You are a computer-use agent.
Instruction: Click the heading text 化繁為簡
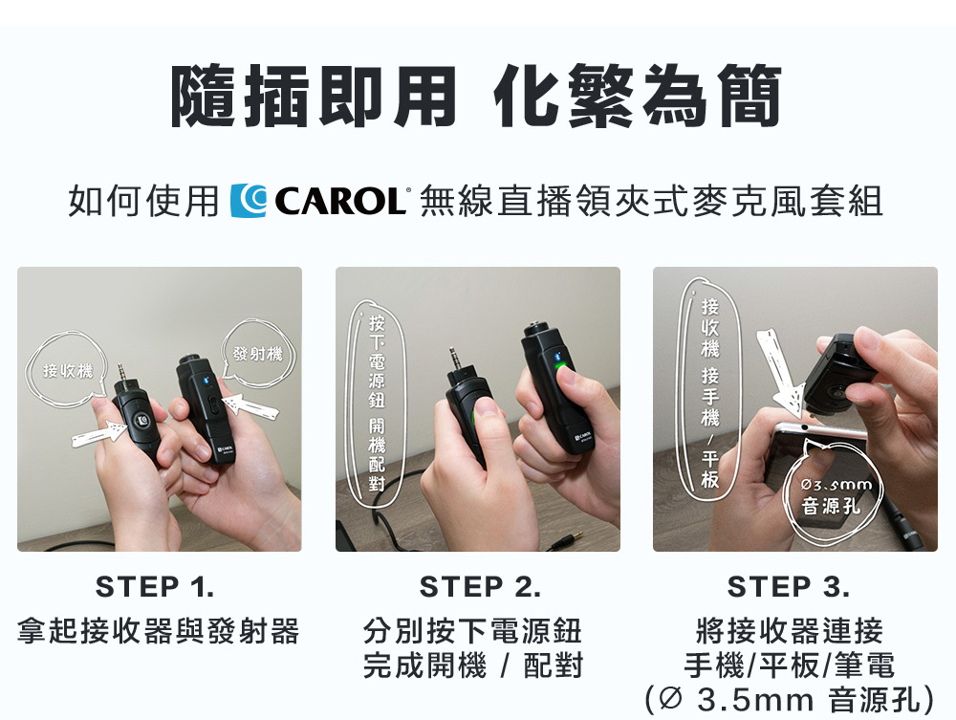pyautogui.click(x=638, y=98)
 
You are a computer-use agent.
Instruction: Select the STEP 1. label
pyautogui.click(x=156, y=586)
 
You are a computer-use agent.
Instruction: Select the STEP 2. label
pyautogui.click(x=480, y=586)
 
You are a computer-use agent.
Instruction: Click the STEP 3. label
pyautogui.click(x=789, y=586)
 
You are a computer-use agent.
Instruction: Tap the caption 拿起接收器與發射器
pyautogui.click(x=158, y=632)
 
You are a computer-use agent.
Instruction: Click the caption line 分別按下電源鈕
pyautogui.click(x=472, y=632)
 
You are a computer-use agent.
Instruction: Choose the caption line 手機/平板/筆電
pyautogui.click(x=789, y=665)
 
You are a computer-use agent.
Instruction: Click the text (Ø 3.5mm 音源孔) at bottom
pyautogui.click(x=789, y=698)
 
